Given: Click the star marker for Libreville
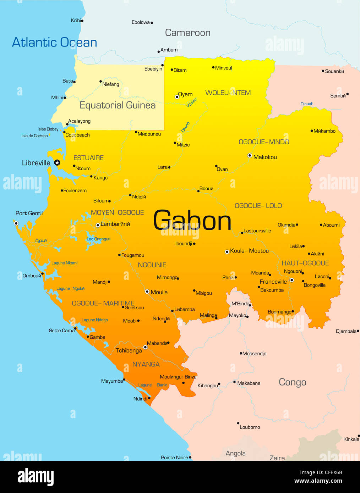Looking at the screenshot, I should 57,162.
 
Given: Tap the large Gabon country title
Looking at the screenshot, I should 192,221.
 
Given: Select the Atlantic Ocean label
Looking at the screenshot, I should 55,42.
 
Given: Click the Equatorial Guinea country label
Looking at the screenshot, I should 118,105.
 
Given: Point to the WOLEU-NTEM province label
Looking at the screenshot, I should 228,93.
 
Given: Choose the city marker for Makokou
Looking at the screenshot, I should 250,156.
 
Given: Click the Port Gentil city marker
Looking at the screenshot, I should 16,223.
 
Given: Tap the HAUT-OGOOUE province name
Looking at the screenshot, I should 305,263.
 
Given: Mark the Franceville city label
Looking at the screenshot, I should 273,282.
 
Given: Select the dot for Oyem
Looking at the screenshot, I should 177,97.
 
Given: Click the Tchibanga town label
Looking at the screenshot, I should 129,350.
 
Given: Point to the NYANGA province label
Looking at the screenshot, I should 146,364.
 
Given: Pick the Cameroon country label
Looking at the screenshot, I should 187,33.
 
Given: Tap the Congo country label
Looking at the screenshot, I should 292,382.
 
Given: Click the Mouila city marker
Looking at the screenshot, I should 147,292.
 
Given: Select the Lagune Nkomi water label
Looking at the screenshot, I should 64,263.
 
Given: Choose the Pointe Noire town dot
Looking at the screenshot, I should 190,458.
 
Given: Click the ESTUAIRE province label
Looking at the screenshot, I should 88,158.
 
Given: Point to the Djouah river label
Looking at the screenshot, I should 307,104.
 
